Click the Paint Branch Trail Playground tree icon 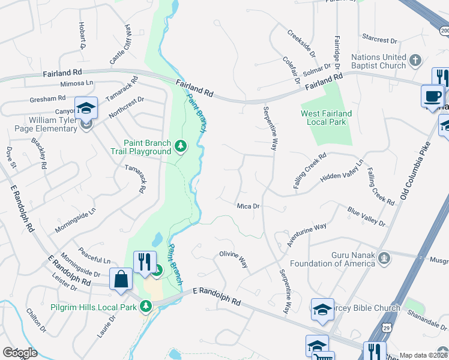(x=180, y=146)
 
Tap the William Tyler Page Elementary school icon (x=86, y=108)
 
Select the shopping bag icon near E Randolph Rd (x=121, y=280)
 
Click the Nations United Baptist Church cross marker (x=415, y=59)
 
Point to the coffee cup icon (x=433, y=95)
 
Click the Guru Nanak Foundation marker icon (x=385, y=259)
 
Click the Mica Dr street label (x=248, y=206)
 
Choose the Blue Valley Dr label (x=366, y=217)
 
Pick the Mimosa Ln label (x=77, y=83)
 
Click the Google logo (x=20, y=352)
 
